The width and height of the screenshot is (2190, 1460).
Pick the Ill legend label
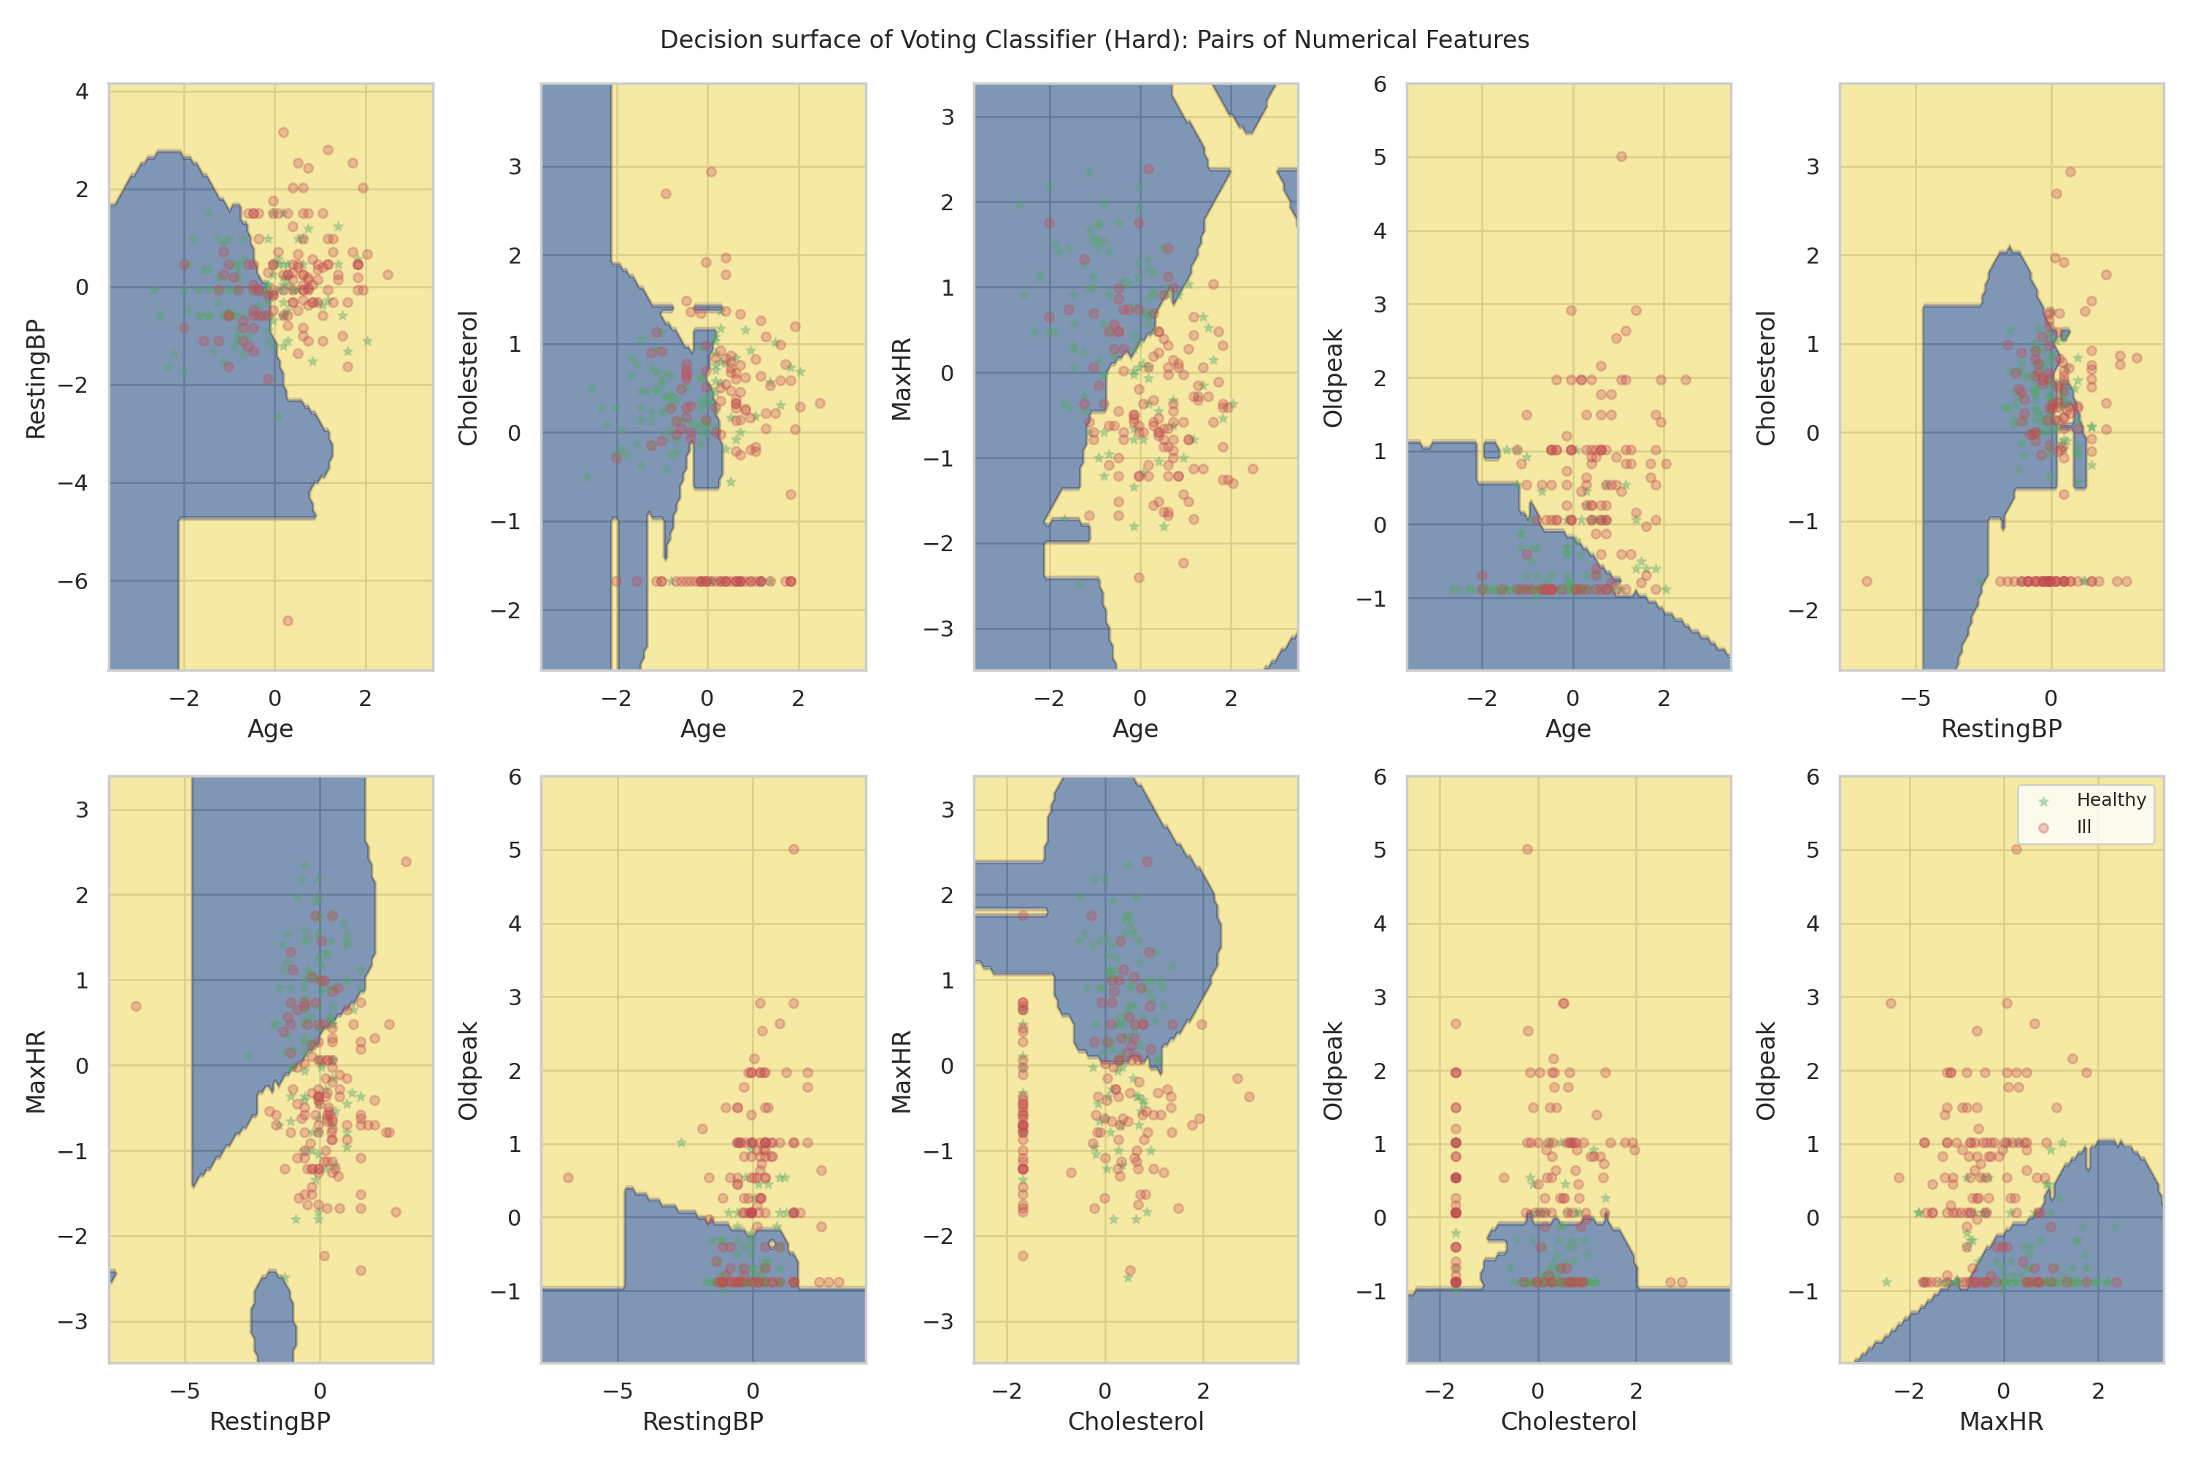pyautogui.click(x=2084, y=827)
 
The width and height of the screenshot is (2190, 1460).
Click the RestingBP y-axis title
pyautogui.click(x=35, y=378)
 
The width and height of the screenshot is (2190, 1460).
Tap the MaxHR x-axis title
pyautogui.click(x=2001, y=1422)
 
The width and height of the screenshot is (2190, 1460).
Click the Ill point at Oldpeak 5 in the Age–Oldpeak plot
pyautogui.click(x=1621, y=156)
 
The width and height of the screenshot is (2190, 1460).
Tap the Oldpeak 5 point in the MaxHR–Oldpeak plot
pyautogui.click(x=2016, y=849)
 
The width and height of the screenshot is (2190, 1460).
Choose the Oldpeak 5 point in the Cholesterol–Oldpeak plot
pyautogui.click(x=1527, y=849)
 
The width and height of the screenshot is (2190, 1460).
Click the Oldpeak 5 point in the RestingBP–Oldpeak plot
pyautogui.click(x=794, y=849)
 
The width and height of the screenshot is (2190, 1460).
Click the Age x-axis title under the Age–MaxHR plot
pyautogui.click(x=1135, y=729)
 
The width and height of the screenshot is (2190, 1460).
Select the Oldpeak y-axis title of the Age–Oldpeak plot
pyautogui.click(x=1334, y=378)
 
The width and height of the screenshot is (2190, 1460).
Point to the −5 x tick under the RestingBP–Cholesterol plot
pyautogui.click(x=1916, y=699)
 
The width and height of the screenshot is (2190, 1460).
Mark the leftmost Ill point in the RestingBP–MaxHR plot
pyautogui.click(x=136, y=1006)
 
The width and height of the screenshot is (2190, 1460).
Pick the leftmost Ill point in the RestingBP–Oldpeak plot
pyautogui.click(x=568, y=1178)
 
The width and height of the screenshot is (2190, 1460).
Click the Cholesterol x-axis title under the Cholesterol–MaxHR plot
pyautogui.click(x=1135, y=1422)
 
